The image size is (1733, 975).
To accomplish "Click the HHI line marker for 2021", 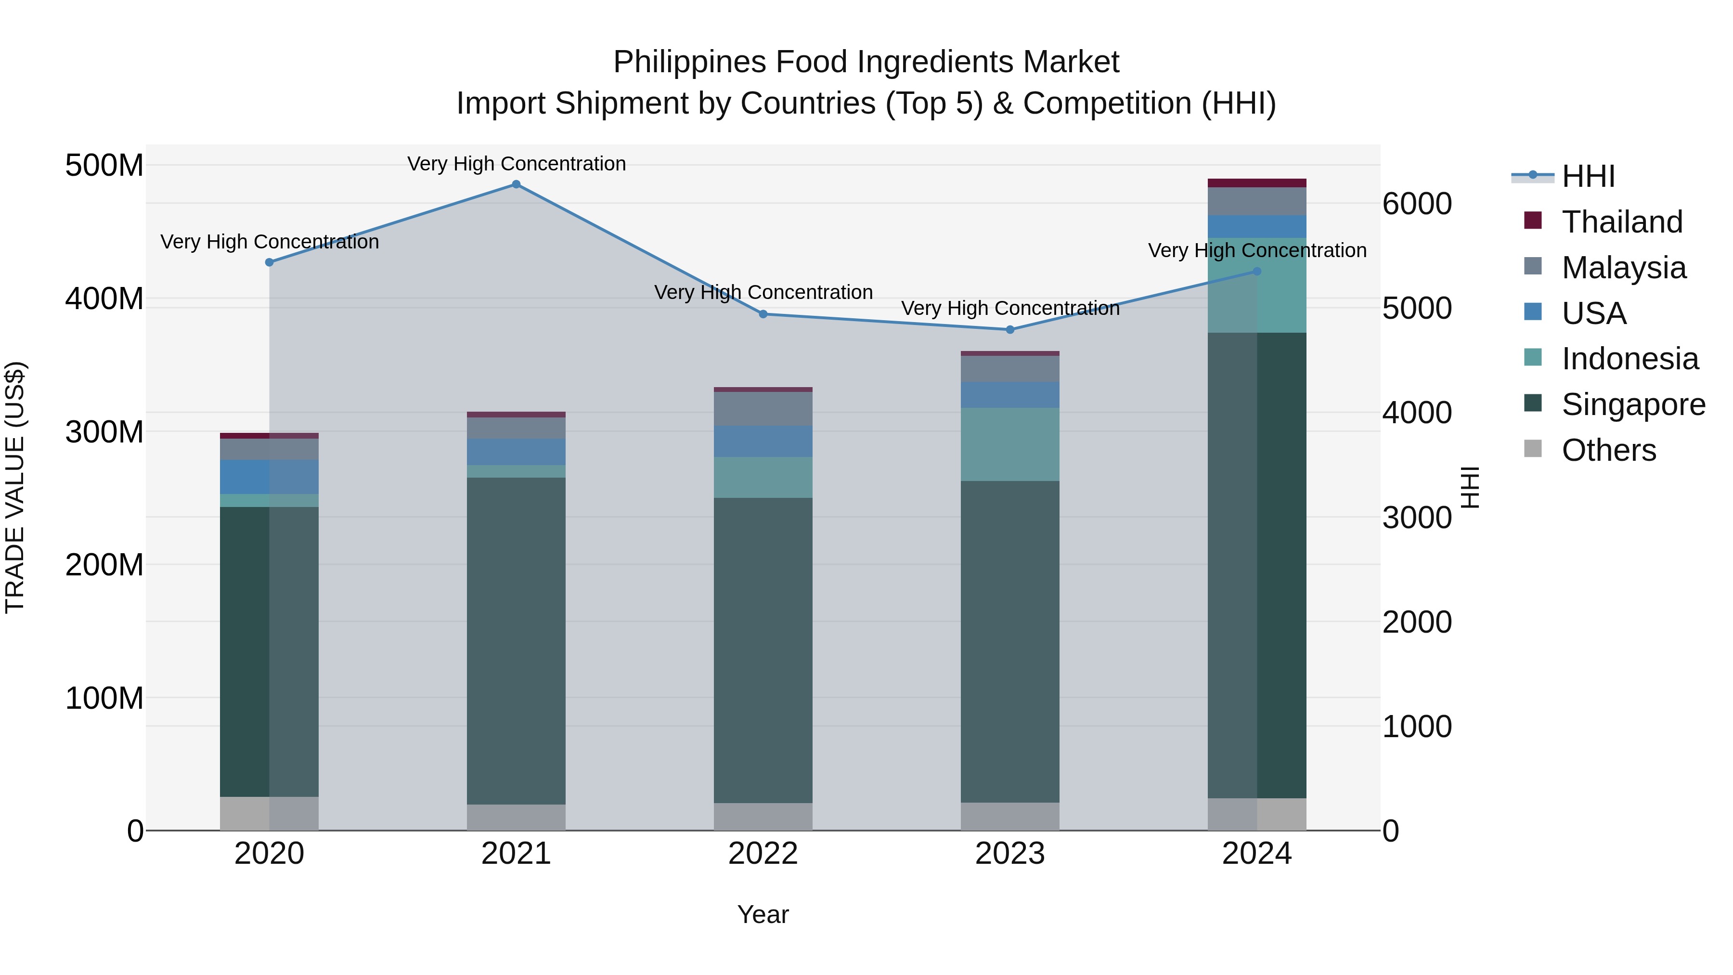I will [516, 184].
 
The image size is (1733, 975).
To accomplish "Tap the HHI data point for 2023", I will [1010, 330].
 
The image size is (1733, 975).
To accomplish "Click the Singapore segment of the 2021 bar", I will [516, 639].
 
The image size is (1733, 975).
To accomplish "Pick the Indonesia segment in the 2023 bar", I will [1010, 444].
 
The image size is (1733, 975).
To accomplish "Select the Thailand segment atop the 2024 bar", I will [1257, 183].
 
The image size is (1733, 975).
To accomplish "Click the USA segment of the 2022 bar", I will [763, 442].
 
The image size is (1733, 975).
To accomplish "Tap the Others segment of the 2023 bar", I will [1010, 816].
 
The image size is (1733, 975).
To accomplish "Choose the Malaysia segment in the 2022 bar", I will [763, 408].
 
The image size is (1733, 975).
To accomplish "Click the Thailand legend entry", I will [1622, 222].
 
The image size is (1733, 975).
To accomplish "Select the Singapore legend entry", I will [1633, 404].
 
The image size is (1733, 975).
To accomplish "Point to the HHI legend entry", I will [1588, 176].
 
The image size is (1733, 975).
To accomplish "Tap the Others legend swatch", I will [1533, 448].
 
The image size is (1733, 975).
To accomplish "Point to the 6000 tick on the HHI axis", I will [1417, 203].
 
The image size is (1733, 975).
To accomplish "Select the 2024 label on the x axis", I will [1257, 854].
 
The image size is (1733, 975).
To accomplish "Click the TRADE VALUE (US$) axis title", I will [15, 487].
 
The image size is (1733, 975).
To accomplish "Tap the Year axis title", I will [763, 914].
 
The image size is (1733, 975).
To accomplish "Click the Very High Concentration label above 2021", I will [516, 164].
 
